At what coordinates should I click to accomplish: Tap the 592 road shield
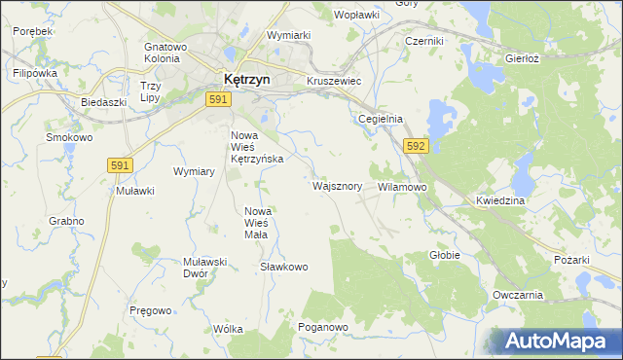(x=416, y=146)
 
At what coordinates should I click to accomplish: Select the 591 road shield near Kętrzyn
(x=218, y=99)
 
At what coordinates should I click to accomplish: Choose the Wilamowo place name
(x=402, y=186)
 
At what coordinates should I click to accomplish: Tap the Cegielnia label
(x=381, y=119)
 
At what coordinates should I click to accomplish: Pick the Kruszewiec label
(x=334, y=82)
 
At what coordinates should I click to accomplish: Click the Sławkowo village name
(x=284, y=267)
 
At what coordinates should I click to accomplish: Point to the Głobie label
(x=445, y=255)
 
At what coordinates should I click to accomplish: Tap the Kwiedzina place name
(x=500, y=199)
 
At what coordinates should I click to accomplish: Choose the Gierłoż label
(x=523, y=58)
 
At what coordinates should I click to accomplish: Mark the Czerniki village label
(x=424, y=41)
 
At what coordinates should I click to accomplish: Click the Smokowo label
(x=69, y=138)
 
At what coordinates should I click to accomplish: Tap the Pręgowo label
(x=151, y=310)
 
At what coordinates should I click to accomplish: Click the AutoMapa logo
(x=556, y=342)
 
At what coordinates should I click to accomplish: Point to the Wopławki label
(x=355, y=16)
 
